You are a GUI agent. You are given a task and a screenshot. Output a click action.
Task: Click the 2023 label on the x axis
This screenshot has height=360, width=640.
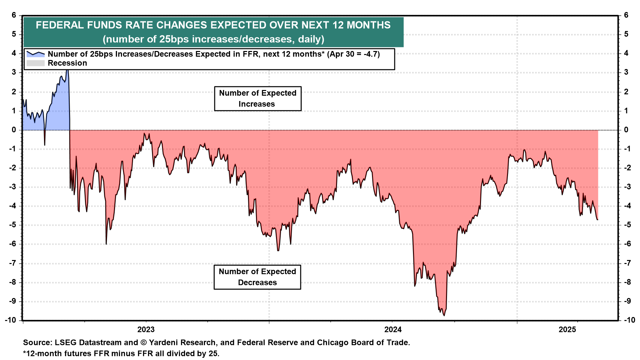point(146,330)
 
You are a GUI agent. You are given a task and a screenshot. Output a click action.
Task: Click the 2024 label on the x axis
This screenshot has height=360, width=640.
point(393,330)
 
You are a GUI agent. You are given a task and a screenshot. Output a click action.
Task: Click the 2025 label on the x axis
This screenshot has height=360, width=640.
point(567,330)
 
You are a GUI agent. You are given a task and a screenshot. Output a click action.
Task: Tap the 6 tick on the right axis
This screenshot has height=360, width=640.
point(626,15)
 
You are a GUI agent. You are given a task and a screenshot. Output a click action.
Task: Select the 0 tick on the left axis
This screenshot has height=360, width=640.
point(14,130)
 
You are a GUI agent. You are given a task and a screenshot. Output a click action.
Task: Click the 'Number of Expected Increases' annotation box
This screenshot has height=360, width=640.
point(258,99)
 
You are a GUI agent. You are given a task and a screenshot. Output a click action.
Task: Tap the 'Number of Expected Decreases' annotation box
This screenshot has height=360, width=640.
point(257,277)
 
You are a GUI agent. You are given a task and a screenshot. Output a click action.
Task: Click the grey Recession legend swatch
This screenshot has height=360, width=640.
point(35,63)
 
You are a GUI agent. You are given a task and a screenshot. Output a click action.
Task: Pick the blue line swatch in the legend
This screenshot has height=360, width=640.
point(35,54)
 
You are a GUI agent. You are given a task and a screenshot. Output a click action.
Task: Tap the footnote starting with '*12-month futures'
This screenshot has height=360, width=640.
point(121,353)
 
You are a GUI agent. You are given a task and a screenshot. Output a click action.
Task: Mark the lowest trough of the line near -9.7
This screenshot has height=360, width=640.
point(444,315)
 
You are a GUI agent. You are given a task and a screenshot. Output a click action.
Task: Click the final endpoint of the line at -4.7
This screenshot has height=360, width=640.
point(597,219)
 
